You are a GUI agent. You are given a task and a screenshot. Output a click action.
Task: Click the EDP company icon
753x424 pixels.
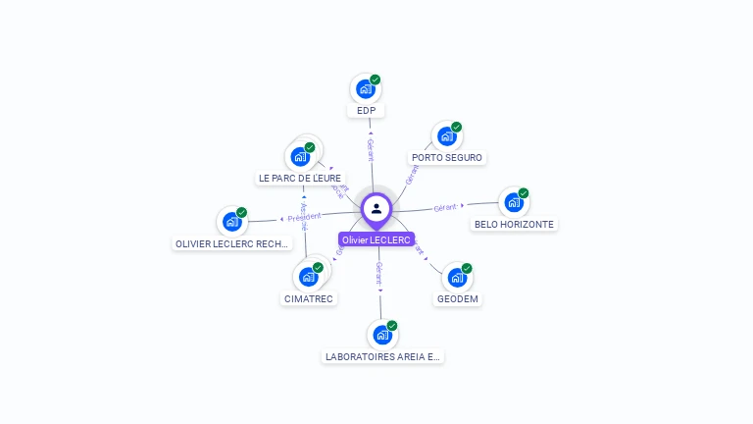click(x=366, y=89)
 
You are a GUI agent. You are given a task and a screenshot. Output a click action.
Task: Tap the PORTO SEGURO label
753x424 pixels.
click(x=447, y=158)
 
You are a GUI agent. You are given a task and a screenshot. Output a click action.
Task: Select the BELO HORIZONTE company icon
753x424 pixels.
click(x=513, y=203)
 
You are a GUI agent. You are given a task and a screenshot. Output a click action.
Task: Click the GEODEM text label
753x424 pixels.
click(x=458, y=299)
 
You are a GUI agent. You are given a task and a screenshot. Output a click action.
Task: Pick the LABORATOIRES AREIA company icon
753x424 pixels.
click(x=382, y=335)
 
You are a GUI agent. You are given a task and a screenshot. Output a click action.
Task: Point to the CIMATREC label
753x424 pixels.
click(x=309, y=299)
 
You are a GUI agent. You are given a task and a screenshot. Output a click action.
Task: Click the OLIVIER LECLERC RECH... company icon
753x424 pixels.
click(x=232, y=222)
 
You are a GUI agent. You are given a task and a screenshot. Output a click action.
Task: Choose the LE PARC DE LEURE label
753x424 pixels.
click(x=299, y=179)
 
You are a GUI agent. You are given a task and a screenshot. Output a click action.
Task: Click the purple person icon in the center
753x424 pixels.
click(x=376, y=208)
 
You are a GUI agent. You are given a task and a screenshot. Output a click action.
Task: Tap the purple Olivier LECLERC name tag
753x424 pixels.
click(x=376, y=240)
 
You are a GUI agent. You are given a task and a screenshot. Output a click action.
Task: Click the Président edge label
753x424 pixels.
click(x=304, y=217)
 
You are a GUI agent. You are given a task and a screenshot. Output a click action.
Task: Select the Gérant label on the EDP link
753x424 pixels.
click(x=370, y=149)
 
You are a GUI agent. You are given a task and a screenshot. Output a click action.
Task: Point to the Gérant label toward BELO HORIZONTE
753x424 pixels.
click(x=446, y=208)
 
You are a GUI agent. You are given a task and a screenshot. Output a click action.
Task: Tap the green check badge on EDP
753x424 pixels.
click(x=376, y=79)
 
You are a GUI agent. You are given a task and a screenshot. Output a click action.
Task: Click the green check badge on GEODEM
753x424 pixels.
click(x=467, y=268)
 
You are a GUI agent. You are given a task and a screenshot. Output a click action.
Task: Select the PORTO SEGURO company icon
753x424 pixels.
click(x=447, y=136)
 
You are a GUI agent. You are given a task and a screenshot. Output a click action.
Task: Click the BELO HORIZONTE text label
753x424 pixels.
click(x=514, y=225)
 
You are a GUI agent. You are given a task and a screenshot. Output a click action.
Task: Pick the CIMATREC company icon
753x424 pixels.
click(x=308, y=278)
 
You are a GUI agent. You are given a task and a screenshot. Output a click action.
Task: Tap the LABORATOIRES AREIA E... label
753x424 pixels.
click(x=383, y=357)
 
